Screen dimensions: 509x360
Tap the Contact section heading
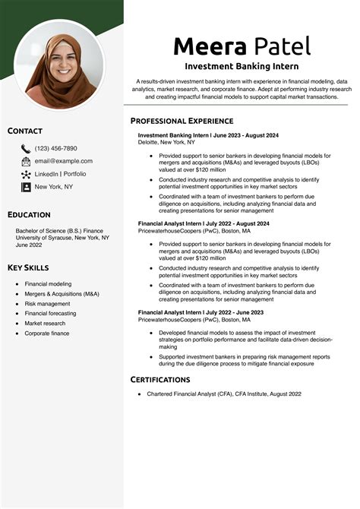click(x=25, y=131)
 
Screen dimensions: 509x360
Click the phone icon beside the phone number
click(x=26, y=149)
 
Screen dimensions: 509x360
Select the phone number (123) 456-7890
click(x=55, y=149)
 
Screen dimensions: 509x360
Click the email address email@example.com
click(x=64, y=161)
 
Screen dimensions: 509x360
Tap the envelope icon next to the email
click(x=26, y=161)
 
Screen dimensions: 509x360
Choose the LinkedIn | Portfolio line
click(x=61, y=174)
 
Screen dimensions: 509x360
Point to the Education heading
click(x=29, y=215)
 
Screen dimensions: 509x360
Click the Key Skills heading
click(x=28, y=267)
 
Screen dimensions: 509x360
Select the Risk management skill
click(x=47, y=303)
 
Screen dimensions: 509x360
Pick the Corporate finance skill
click(x=47, y=333)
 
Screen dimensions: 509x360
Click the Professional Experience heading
click(x=182, y=121)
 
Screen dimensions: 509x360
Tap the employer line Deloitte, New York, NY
click(x=166, y=142)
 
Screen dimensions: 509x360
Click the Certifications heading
click(x=160, y=379)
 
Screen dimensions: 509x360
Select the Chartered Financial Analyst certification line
click(x=224, y=394)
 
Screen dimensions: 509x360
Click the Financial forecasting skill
click(x=50, y=313)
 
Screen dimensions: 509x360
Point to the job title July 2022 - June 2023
click(x=201, y=312)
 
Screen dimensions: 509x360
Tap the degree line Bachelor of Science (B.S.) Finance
click(x=59, y=229)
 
